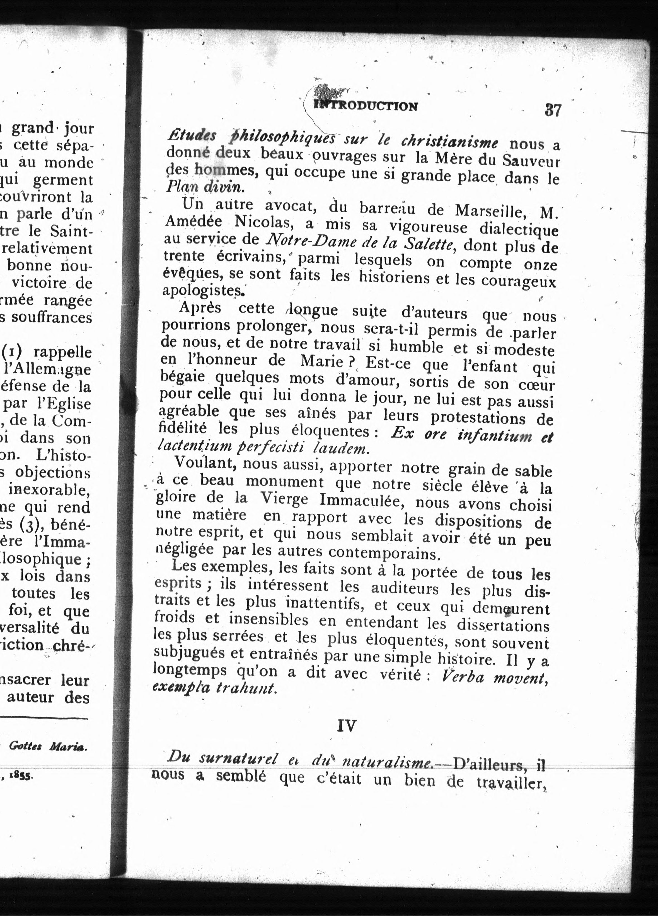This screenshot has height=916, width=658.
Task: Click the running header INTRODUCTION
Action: (366, 106)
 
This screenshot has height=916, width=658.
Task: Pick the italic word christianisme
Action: (449, 141)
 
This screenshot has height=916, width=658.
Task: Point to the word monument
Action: (285, 482)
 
